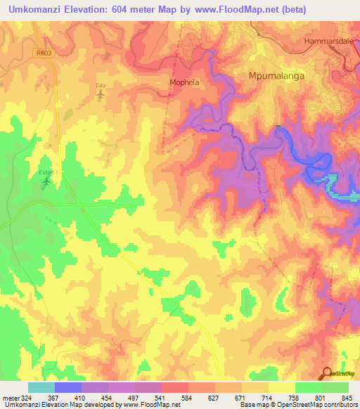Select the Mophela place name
(185, 82)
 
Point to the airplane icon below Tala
(101, 94)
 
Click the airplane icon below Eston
(47, 183)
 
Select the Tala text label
(100, 85)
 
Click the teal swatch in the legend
(41, 387)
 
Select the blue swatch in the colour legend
(67, 387)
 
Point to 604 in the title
(140, 9)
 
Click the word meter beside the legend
(13, 397)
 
